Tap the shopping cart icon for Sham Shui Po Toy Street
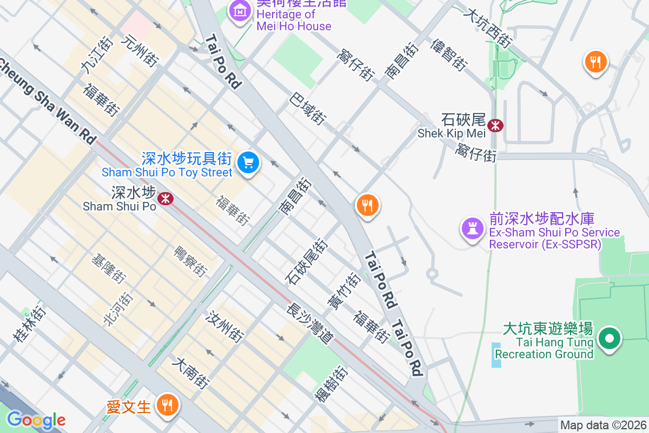[x=248, y=162]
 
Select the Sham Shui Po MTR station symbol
[x=165, y=199]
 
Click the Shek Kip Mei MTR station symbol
[x=495, y=126]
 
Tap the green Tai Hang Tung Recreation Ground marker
[x=610, y=339]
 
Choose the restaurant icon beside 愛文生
[x=167, y=405]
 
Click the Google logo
[x=36, y=419]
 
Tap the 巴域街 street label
[x=308, y=109]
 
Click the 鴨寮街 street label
[x=190, y=261]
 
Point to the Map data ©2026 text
[x=603, y=425]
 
